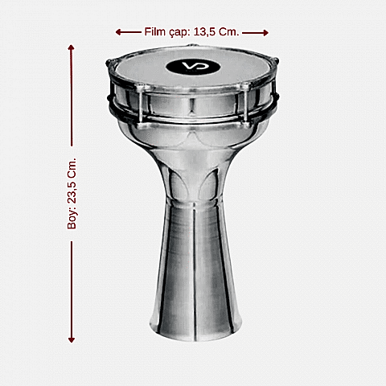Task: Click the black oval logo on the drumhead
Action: point(193,66)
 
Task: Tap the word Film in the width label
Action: point(155,31)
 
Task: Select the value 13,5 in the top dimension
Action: point(204,32)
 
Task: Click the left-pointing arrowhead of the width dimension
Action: point(118,32)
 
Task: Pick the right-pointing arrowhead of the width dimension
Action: point(265,33)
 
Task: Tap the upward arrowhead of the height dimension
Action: point(72,47)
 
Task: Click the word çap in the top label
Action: point(179,33)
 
